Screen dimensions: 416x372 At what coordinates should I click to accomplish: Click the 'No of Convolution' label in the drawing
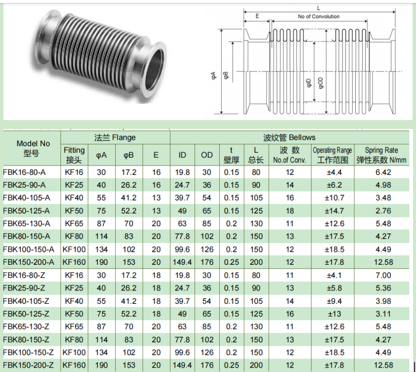click(318, 16)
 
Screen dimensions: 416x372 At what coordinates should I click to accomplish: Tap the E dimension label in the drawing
click(257, 16)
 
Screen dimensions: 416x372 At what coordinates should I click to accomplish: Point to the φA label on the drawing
click(214, 76)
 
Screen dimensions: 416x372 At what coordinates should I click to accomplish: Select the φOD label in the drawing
click(320, 83)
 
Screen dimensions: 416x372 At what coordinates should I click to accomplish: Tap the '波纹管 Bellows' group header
click(289, 137)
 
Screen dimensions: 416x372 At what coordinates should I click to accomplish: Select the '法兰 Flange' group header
click(115, 137)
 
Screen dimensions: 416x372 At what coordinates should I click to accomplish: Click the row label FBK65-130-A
click(27, 224)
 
